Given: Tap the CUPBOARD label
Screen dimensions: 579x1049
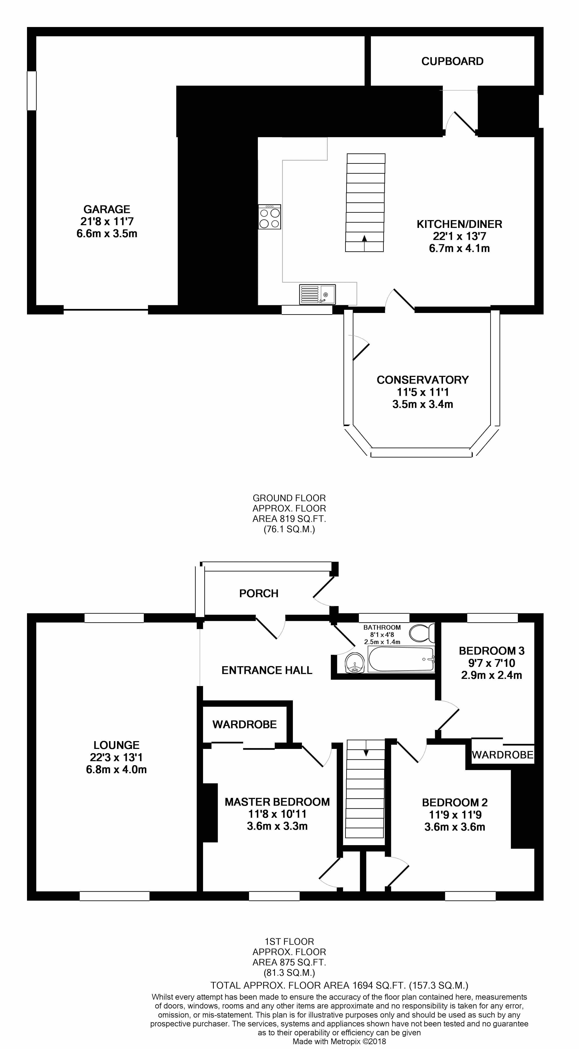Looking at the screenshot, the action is pos(452,61).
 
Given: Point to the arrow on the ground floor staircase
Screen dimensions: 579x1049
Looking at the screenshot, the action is pos(364,238).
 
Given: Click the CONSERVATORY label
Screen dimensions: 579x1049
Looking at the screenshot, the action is pos(422,380).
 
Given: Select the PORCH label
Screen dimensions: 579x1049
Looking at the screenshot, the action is pos(259,593).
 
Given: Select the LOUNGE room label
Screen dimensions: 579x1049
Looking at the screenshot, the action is pos(116,745).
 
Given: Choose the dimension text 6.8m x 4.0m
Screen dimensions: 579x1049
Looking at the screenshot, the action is pos(116,770).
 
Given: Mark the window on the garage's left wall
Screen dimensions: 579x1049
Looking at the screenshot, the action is pos(32,91).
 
